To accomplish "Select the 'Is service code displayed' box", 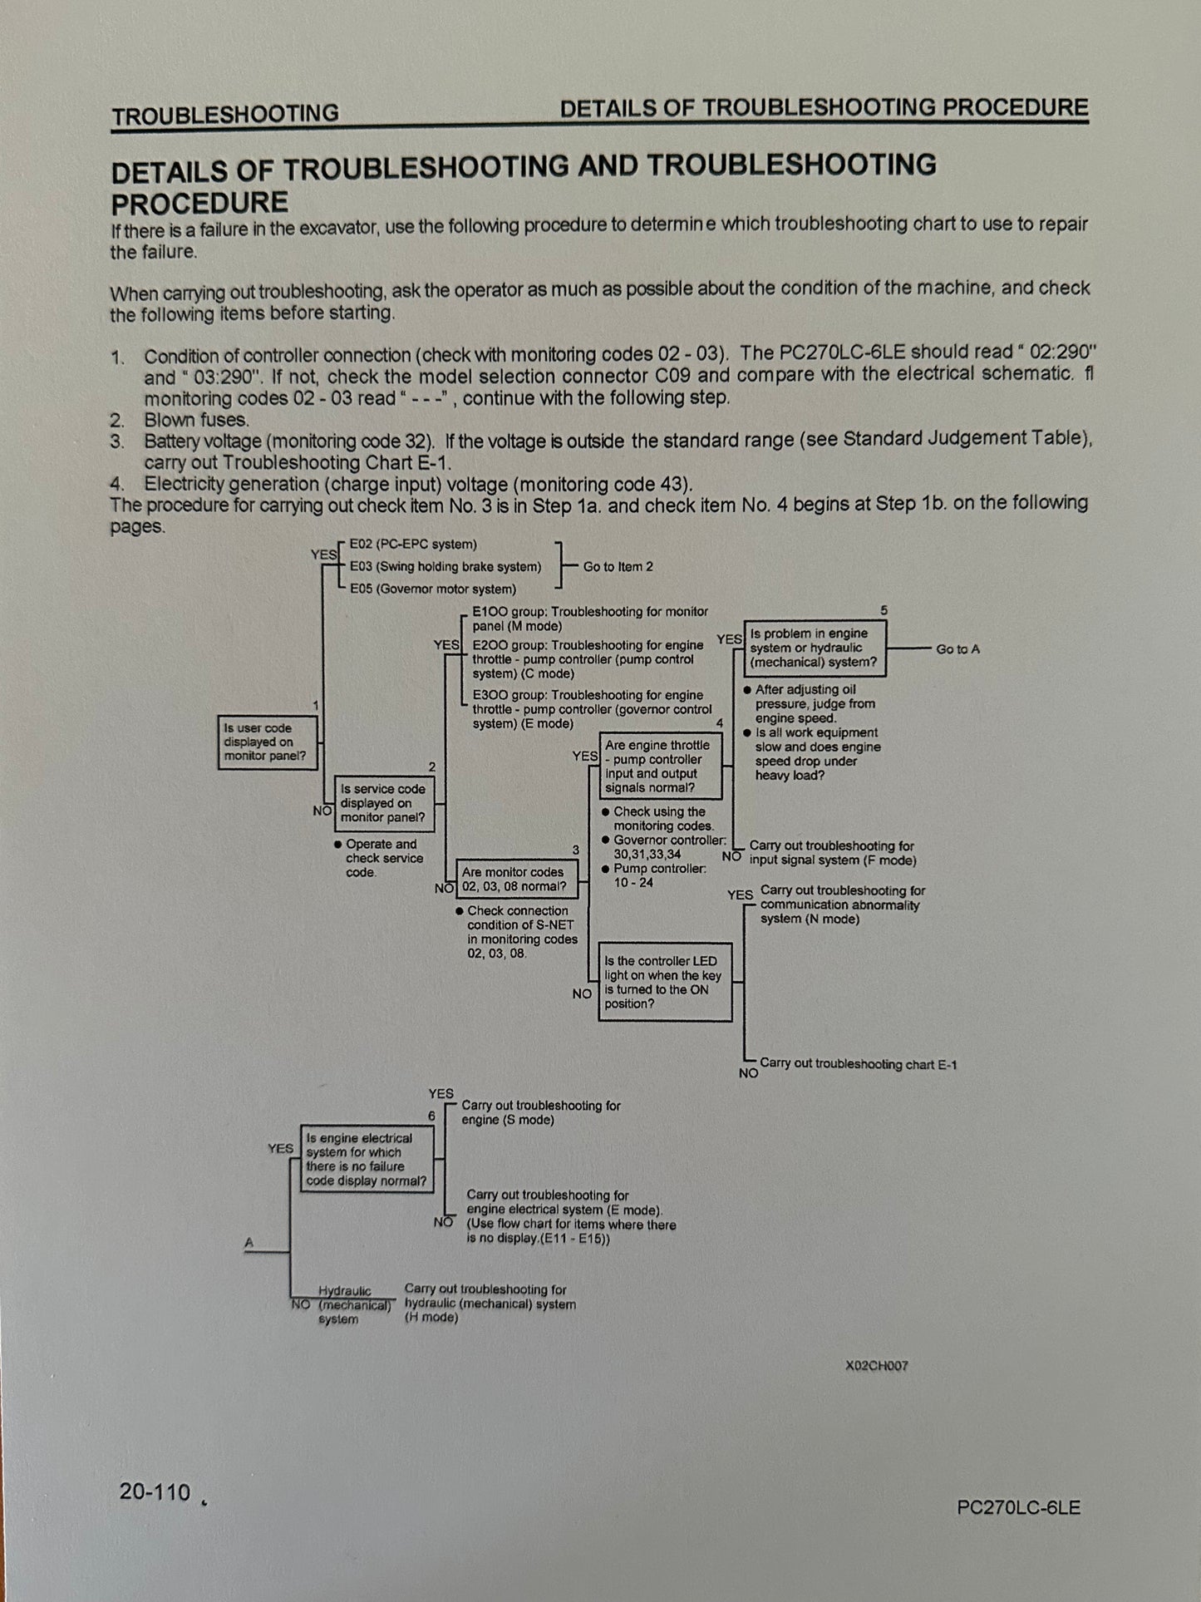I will tap(383, 803).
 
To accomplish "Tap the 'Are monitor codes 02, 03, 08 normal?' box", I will tap(517, 879).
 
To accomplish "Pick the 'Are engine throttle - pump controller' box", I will tap(660, 766).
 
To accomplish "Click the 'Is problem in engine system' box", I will tap(814, 648).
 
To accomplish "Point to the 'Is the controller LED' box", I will tap(664, 982).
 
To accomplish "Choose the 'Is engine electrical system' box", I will tap(367, 1159).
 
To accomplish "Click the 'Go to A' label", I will tap(957, 649).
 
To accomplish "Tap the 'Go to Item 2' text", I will tap(618, 567).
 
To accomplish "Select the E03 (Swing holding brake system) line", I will tap(445, 567).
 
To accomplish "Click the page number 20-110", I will tap(155, 1491).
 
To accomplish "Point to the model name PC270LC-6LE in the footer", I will tap(1018, 1507).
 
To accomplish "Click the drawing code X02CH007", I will tap(876, 1365).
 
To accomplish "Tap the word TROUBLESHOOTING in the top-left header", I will tap(225, 115).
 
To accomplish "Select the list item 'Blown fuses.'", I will tap(196, 420).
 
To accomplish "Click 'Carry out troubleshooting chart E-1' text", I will tap(858, 1064).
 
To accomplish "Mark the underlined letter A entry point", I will tap(249, 1243).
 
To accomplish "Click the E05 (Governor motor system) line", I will tap(432, 589).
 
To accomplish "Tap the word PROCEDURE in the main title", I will tap(200, 203).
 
